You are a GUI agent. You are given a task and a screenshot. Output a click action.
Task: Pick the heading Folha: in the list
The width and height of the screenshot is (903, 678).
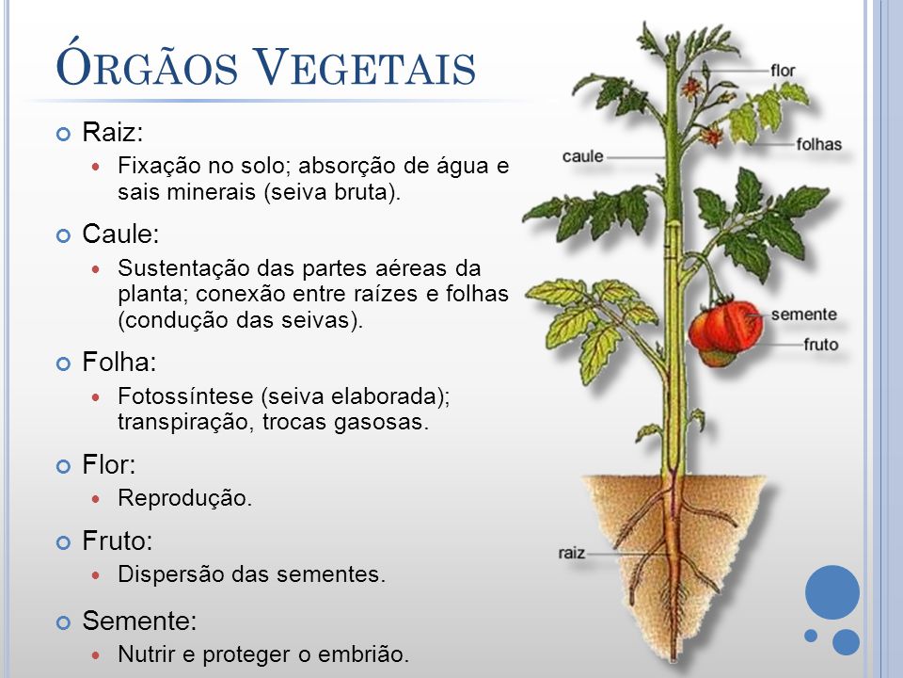click(x=119, y=363)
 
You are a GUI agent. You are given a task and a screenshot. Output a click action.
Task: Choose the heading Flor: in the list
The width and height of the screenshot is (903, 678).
click(x=109, y=465)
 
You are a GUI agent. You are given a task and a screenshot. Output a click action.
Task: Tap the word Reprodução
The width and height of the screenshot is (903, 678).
click(x=185, y=498)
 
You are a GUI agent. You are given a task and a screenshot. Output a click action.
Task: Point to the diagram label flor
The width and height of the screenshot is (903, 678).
click(x=783, y=71)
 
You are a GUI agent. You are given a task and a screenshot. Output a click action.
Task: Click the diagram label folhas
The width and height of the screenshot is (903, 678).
click(x=818, y=145)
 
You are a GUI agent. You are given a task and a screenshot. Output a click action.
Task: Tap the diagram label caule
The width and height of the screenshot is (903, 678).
click(x=582, y=156)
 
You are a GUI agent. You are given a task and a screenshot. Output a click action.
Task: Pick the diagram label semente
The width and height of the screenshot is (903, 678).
click(x=803, y=315)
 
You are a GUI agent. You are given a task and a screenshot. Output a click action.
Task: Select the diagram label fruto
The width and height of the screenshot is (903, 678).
click(x=820, y=345)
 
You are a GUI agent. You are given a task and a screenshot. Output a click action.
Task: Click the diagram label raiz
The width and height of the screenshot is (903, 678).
click(x=572, y=553)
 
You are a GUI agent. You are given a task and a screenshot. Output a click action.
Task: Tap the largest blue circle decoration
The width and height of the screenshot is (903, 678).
click(x=832, y=591)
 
